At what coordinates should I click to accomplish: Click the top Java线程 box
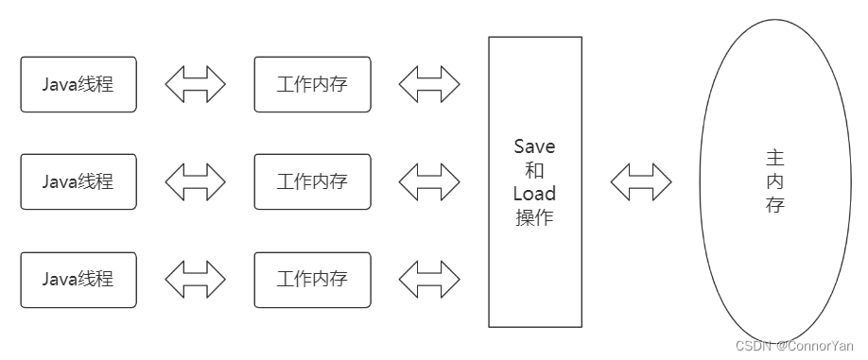pos(78,84)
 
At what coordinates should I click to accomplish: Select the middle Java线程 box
pos(78,181)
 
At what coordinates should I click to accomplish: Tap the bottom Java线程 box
pos(78,280)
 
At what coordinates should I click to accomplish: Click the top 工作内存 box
pos(312,84)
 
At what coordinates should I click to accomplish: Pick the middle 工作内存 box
pos(312,181)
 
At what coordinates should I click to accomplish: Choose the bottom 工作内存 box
pos(312,280)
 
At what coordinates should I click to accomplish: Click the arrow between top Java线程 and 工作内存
pos(196,84)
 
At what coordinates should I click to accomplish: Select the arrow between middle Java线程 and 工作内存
pos(196,181)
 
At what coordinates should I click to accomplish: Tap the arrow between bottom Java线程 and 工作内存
pos(196,280)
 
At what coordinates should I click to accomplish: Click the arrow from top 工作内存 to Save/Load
pos(429,84)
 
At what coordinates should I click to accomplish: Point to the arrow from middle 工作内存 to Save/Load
pos(429,181)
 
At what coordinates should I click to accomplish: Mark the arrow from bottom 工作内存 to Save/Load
pos(429,280)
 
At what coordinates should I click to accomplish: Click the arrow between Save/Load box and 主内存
pos(640,181)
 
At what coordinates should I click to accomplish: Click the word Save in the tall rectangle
pos(534,147)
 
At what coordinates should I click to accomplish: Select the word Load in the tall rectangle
pos(534,194)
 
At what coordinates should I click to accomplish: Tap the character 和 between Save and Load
pos(534,171)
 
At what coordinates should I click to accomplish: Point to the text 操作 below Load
pos(534,217)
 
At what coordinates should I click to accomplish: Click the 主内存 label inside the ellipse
pos(775,180)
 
